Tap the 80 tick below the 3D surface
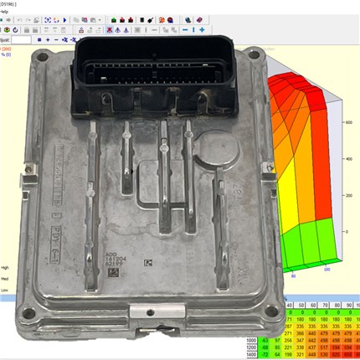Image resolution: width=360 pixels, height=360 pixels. (x=294, y=275)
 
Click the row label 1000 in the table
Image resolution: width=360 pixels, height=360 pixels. (x=251, y=339)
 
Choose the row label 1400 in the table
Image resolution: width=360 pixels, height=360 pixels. (x=251, y=356)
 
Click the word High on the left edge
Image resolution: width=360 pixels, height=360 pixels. (x=6, y=259)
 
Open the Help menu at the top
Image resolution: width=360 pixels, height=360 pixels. (x=5, y=11)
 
